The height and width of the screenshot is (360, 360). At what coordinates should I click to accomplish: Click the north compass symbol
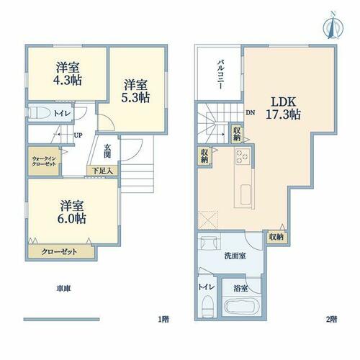(x=333, y=26)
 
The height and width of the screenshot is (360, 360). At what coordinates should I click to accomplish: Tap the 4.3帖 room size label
(x=68, y=80)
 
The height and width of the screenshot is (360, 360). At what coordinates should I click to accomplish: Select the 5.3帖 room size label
(x=135, y=97)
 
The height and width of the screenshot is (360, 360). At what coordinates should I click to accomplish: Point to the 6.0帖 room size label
(x=71, y=218)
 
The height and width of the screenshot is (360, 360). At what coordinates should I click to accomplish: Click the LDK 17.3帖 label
(x=283, y=108)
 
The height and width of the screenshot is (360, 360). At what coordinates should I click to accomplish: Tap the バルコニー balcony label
(x=220, y=75)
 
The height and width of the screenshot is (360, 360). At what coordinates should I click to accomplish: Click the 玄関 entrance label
(x=107, y=151)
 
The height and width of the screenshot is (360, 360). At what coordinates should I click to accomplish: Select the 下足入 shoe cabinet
(x=102, y=171)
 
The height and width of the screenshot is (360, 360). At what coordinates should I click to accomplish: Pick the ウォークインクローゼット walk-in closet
(x=44, y=161)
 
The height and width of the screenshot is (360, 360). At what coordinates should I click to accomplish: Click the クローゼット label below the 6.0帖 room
(x=59, y=252)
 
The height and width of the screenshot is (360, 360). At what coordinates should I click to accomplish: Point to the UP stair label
(x=78, y=135)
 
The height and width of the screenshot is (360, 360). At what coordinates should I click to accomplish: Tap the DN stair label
(x=251, y=112)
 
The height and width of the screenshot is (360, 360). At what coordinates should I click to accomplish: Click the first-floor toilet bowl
(x=39, y=112)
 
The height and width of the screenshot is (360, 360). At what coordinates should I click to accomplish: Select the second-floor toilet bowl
(x=207, y=306)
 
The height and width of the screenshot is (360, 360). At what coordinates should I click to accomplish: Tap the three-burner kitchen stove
(x=243, y=156)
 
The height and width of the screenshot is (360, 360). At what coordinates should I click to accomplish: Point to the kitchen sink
(x=246, y=194)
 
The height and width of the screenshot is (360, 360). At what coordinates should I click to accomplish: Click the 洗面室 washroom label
(x=235, y=256)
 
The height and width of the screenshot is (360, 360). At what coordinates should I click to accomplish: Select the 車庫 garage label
(x=63, y=289)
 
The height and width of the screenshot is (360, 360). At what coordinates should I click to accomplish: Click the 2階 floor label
(x=331, y=319)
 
